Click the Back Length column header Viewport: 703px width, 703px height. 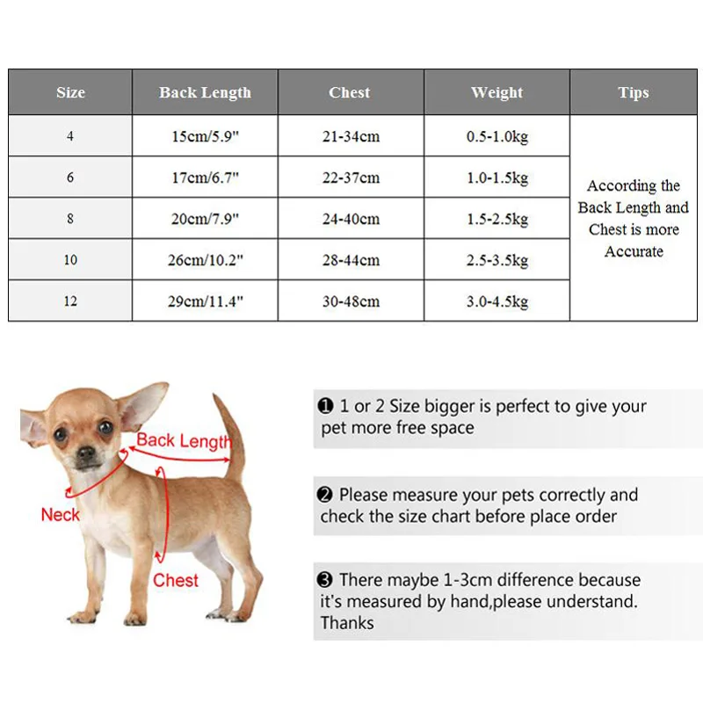tap(205, 92)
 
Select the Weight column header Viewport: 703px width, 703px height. tap(496, 92)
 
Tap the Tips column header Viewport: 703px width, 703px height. tap(633, 92)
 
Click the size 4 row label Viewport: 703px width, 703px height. tap(70, 137)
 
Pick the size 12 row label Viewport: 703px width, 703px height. tap(70, 301)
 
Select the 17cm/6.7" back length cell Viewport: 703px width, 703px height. tap(205, 178)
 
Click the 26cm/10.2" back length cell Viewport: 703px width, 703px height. tap(205, 260)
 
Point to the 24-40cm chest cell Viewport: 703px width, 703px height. tap(351, 219)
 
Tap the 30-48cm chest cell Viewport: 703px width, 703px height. tap(351, 301)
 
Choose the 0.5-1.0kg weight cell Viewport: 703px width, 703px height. tap(496, 137)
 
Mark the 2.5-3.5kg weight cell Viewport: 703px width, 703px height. tap(496, 260)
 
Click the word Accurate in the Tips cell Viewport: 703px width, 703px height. tap(634, 251)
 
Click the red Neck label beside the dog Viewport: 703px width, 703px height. tap(60, 515)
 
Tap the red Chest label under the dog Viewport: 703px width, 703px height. tap(176, 580)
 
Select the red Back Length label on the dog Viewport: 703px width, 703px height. tap(183, 440)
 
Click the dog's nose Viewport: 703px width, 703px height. tap(86, 456)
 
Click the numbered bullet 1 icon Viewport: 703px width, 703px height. tap(325, 406)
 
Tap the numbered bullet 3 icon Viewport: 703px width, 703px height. tap(325, 580)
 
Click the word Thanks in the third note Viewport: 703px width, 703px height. tap(347, 623)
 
